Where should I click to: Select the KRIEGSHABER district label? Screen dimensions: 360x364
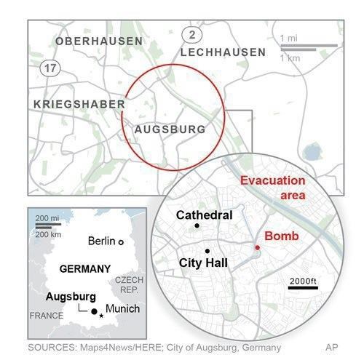point(79,105)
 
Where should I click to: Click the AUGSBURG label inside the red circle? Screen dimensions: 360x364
point(170,130)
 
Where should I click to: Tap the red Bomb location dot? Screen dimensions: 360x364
point(257,248)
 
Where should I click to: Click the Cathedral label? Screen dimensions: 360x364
point(205,215)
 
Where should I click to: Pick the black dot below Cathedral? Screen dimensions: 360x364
point(197,227)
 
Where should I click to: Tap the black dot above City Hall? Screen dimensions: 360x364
point(207,251)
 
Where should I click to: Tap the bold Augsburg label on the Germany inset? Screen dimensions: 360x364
point(69,297)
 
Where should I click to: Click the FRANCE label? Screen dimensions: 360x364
point(46,316)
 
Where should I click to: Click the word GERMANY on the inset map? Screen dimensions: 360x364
point(84,268)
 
